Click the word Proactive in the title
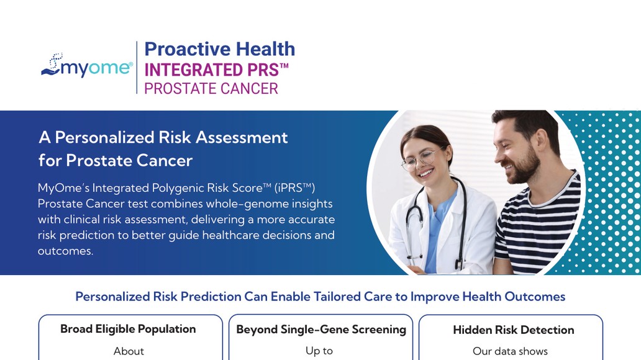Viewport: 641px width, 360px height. click(x=188, y=49)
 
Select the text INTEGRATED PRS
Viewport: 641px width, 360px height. click(x=216, y=70)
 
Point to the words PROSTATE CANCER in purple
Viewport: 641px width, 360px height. click(x=211, y=89)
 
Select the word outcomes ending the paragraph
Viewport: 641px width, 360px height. click(x=65, y=251)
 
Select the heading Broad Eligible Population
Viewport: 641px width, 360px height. click(x=128, y=330)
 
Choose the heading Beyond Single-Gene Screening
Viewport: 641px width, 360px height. click(x=321, y=330)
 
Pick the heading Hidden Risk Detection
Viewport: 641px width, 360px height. click(x=514, y=330)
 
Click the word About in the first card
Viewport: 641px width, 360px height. click(x=129, y=351)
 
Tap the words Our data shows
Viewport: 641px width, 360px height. click(x=510, y=351)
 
